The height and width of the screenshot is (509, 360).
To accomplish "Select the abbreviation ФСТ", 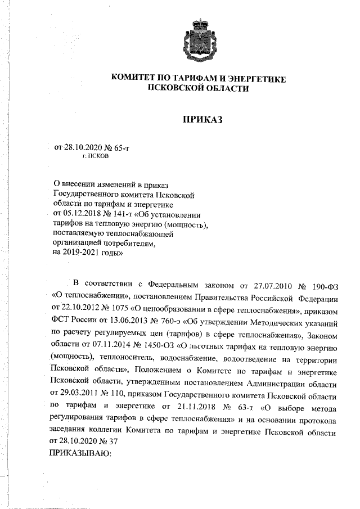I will pyautogui.click(x=60, y=321).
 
